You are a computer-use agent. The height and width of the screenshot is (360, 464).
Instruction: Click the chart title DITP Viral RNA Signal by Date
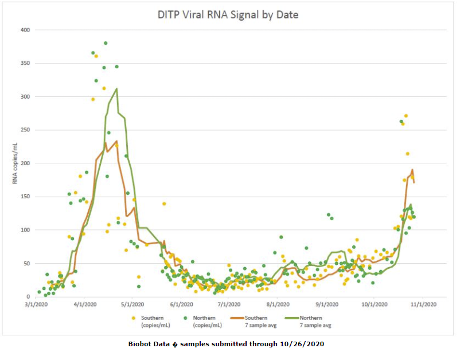click(x=228, y=14)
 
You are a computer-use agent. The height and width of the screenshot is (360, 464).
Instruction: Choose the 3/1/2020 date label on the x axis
click(x=36, y=304)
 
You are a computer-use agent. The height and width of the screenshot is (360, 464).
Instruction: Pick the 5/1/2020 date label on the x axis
click(x=132, y=304)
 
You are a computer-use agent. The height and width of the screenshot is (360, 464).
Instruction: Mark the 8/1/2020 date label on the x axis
click(x=278, y=304)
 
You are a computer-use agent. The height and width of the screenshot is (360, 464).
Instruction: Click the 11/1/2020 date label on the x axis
click(x=426, y=304)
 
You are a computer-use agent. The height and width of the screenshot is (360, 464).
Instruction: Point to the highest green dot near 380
click(x=106, y=43)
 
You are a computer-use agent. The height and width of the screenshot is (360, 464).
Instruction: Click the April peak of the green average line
click(x=117, y=89)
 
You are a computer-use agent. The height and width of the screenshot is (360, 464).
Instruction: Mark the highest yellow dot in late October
click(x=406, y=116)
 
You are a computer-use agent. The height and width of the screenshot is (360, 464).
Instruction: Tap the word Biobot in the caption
click(x=141, y=344)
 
